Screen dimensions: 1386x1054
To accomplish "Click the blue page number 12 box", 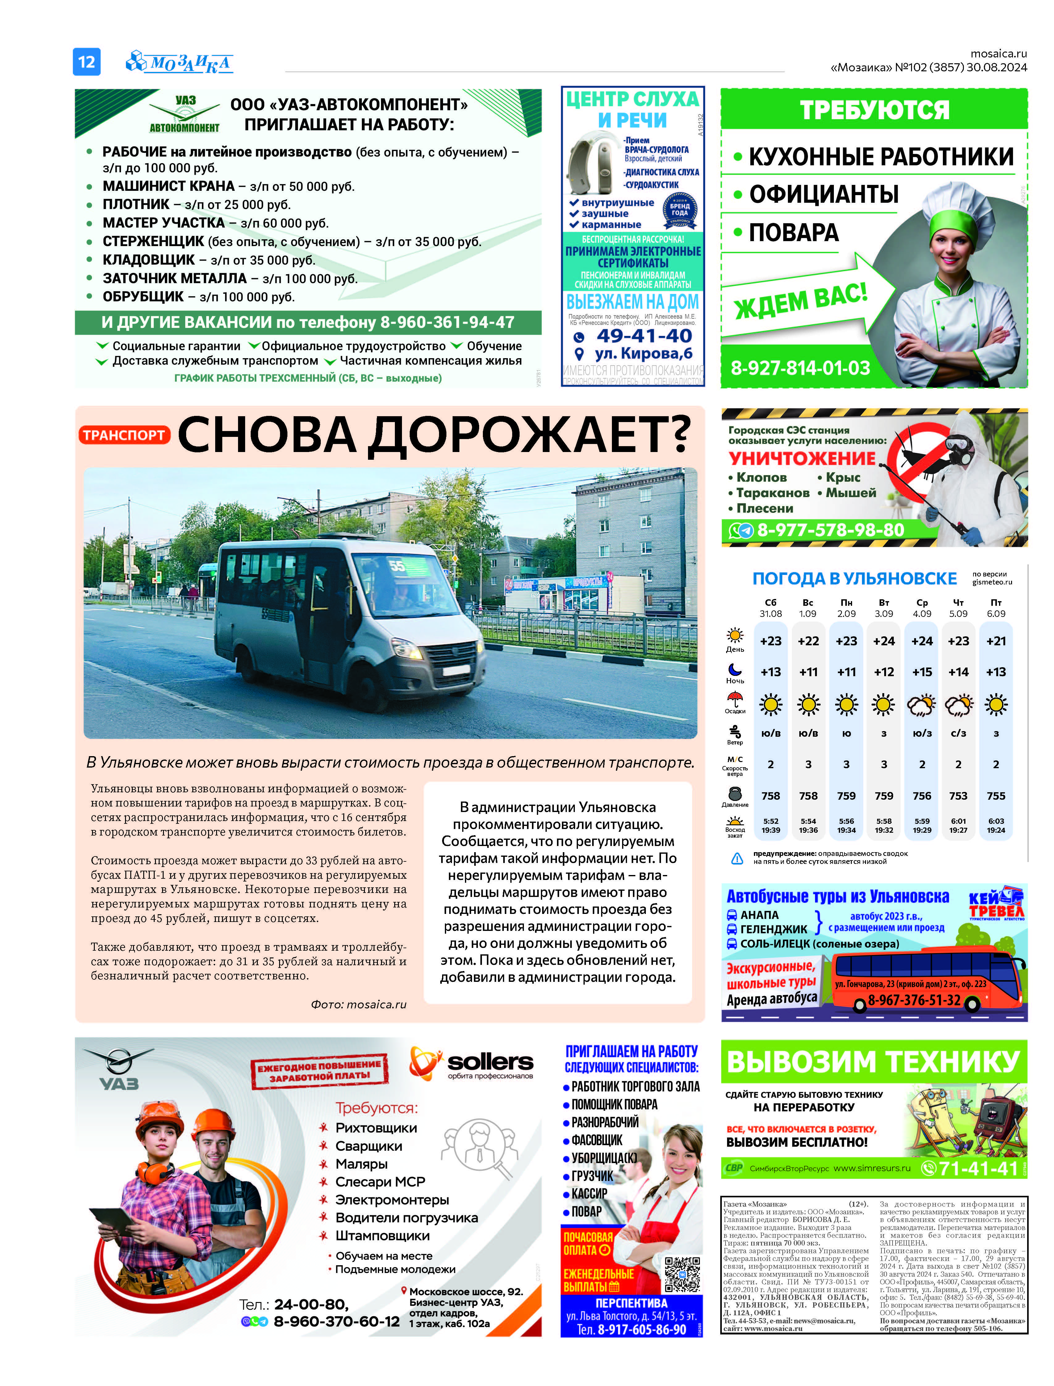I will (86, 61).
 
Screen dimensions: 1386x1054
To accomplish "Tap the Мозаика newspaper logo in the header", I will (180, 62).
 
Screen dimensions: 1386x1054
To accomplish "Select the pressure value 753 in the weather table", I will (958, 796).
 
